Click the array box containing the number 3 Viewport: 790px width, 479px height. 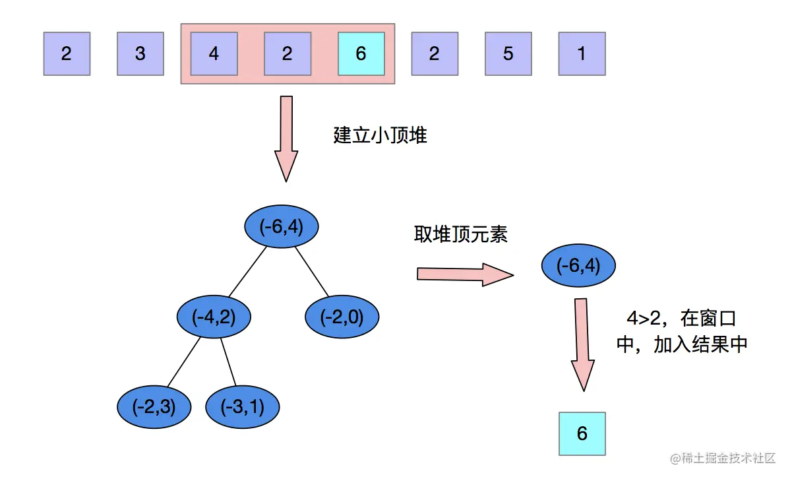pyautogui.click(x=140, y=53)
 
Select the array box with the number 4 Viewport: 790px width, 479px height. pyautogui.click(x=214, y=53)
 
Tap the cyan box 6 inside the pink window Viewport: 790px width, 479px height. pyautogui.click(x=361, y=53)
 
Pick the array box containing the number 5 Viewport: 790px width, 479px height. pyautogui.click(x=508, y=53)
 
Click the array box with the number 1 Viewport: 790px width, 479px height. pyautogui.click(x=582, y=53)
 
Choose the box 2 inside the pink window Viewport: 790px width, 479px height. pyautogui.click(x=287, y=53)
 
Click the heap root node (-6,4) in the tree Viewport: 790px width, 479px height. pyautogui.click(x=282, y=227)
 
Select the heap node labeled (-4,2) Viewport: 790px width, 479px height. pyautogui.click(x=214, y=317)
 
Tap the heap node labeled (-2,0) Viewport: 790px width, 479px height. pyautogui.click(x=342, y=317)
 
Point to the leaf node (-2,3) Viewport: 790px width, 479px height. pyautogui.click(x=154, y=407)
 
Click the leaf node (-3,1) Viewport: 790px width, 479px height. pyautogui.click(x=243, y=407)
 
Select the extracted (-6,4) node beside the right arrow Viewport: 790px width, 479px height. pyautogui.click(x=578, y=266)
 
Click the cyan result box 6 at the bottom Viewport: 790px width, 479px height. pyautogui.click(x=582, y=433)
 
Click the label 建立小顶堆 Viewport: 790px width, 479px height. pyautogui.click(x=380, y=136)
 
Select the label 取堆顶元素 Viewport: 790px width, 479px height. pyautogui.click(x=461, y=234)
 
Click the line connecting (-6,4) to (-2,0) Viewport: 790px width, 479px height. pyautogui.click(x=311, y=271)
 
